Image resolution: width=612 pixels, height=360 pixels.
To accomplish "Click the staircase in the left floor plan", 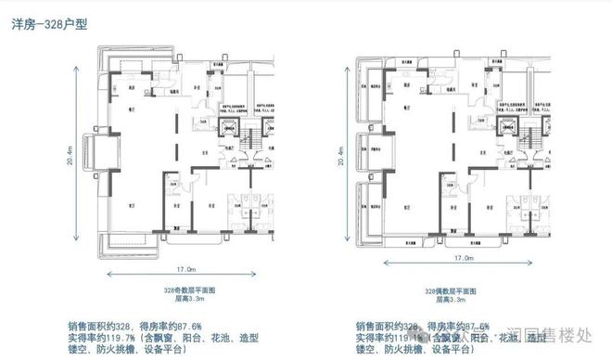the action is click(252, 142).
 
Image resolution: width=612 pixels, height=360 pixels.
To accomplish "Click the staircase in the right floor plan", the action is click(530, 142).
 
